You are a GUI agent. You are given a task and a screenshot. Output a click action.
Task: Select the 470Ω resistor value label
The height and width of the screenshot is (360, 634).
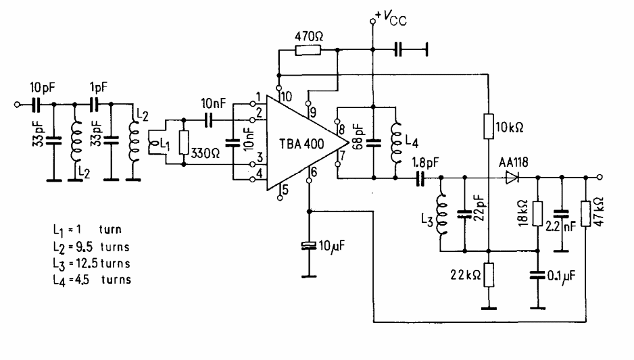(310, 35)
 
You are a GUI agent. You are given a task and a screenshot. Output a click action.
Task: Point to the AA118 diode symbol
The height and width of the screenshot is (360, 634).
(511, 178)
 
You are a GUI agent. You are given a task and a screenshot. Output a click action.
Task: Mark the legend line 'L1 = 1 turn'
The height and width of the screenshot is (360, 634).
(80, 232)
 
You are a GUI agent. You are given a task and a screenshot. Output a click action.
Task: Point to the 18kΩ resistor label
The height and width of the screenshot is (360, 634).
(522, 215)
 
